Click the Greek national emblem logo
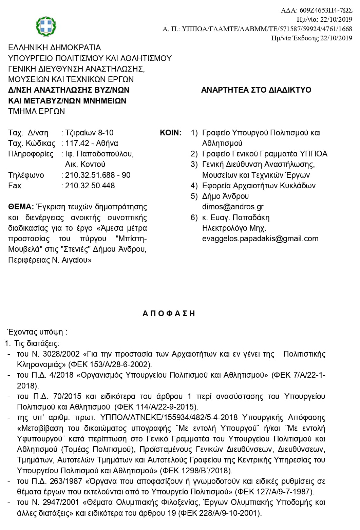click(x=46, y=26)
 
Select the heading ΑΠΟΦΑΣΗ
click(x=169, y=313)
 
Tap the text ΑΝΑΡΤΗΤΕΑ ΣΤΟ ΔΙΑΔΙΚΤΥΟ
click(x=256, y=90)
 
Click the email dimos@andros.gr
click(x=233, y=207)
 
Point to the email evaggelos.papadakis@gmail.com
click(x=260, y=239)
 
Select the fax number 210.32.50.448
click(x=90, y=186)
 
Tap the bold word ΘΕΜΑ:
click(x=21, y=207)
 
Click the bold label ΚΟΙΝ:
click(x=171, y=133)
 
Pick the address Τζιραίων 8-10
click(x=89, y=133)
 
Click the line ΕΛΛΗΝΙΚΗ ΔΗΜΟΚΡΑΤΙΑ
click(x=55, y=48)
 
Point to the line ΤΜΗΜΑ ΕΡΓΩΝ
click(x=37, y=111)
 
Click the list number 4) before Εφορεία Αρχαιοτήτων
click(x=194, y=186)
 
